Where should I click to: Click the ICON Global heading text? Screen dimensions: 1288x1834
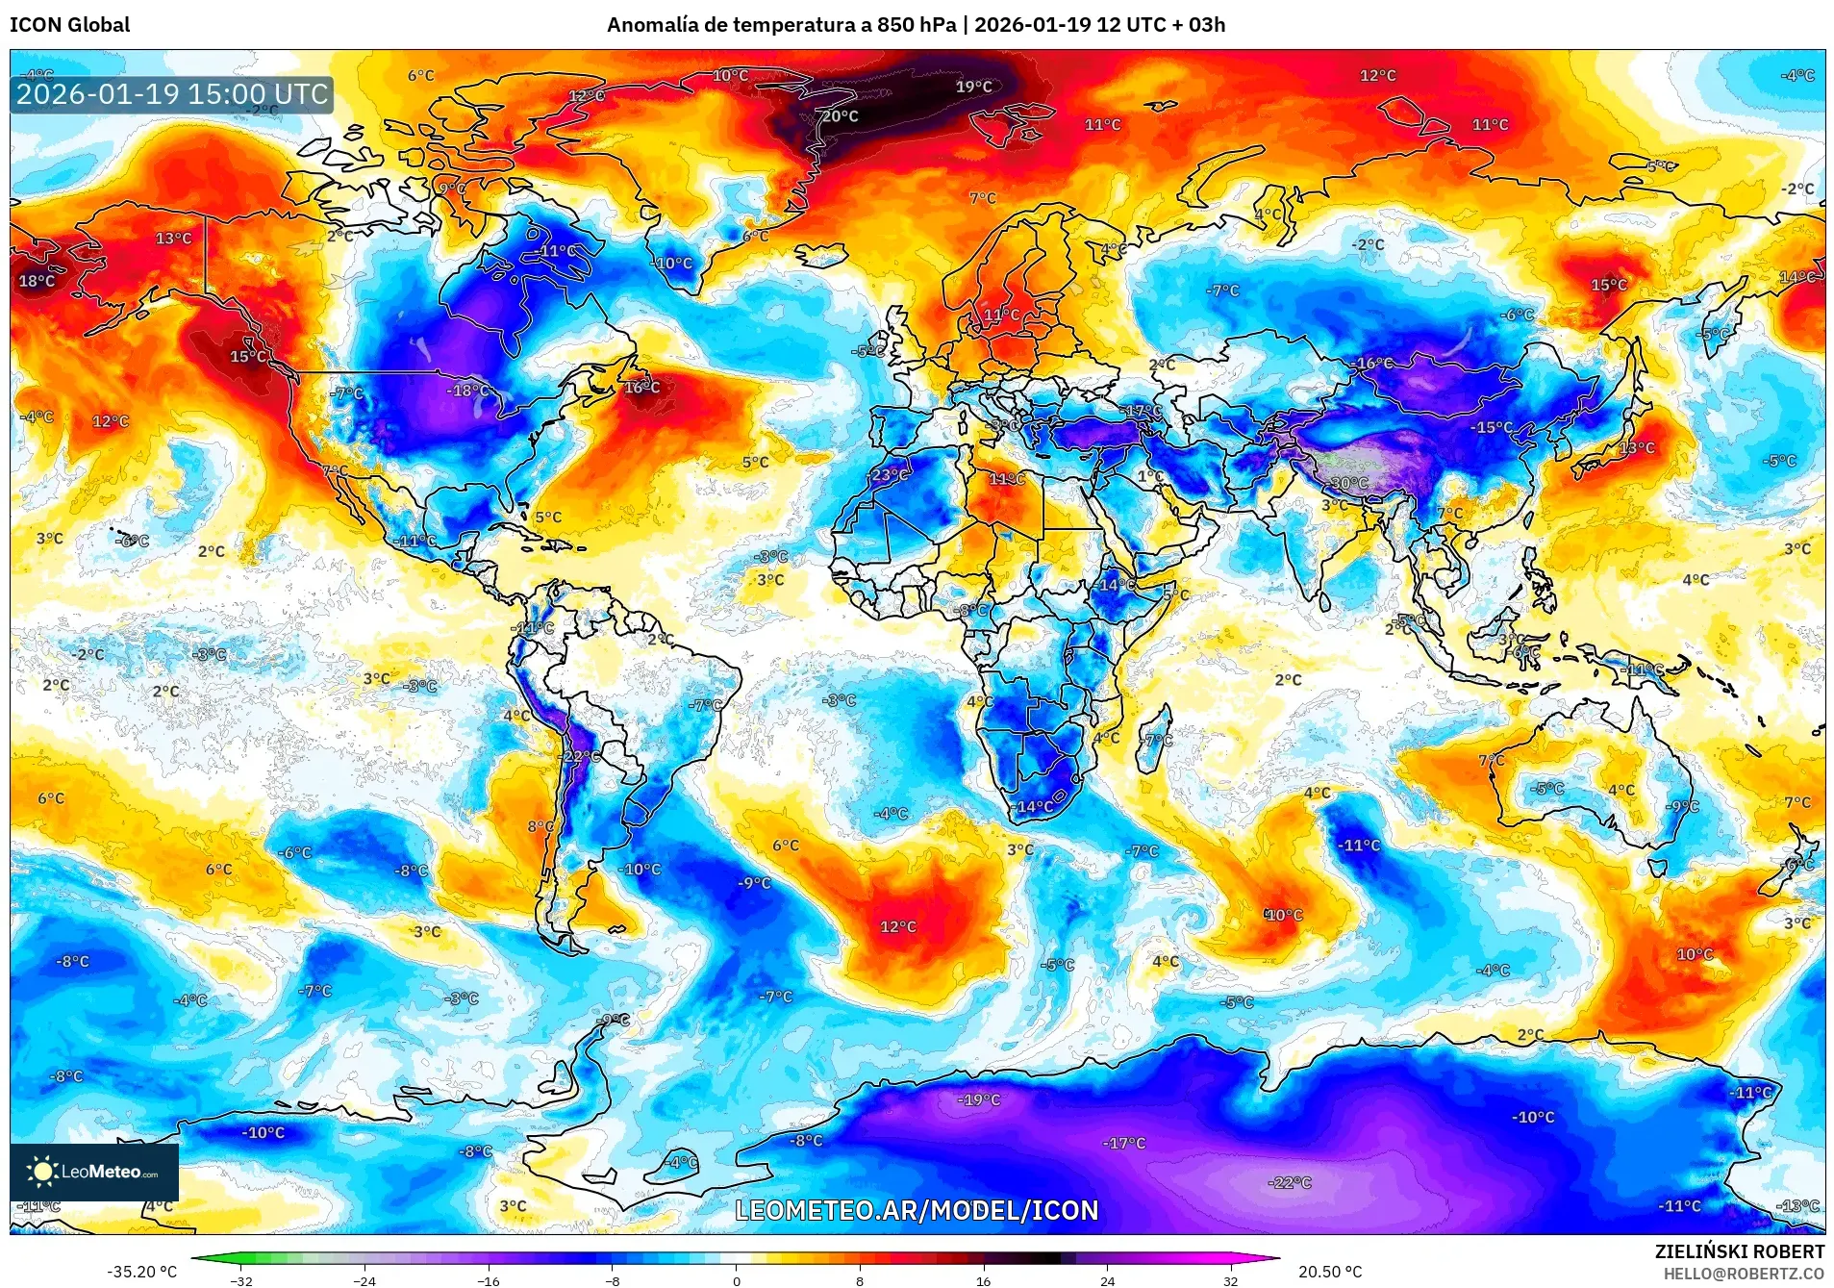pos(69,25)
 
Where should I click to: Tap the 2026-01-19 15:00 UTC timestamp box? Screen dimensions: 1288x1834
pos(172,94)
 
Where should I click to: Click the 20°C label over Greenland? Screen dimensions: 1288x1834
pos(840,116)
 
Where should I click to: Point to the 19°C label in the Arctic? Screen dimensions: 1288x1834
pos(973,87)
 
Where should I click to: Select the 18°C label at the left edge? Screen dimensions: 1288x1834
pos(37,281)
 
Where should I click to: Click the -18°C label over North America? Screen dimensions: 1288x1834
pos(468,391)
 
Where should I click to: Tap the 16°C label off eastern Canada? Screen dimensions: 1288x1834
pos(641,387)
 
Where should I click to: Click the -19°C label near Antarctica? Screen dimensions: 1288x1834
pos(979,1099)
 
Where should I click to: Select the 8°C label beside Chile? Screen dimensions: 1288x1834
pos(540,826)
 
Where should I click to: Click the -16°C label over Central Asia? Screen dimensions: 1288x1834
pos(1372,364)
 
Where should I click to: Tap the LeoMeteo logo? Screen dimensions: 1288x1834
pos(94,1172)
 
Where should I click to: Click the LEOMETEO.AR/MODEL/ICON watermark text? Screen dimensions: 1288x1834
pos(917,1210)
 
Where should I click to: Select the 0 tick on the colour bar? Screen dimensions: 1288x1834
pos(737,1280)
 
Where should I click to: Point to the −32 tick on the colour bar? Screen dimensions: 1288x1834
pos(240,1280)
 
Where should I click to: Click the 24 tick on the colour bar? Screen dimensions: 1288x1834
pos(1108,1280)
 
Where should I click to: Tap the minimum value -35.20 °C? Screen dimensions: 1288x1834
pos(141,1272)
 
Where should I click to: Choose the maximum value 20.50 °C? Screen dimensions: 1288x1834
pos(1330,1272)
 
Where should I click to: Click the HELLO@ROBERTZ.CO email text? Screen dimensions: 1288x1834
pos(1744,1274)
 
